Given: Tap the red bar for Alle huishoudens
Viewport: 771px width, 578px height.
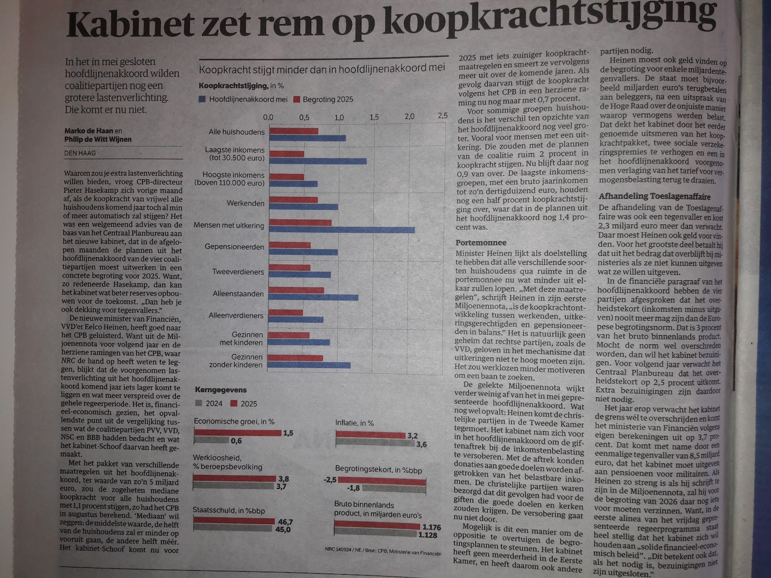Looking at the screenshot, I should click(x=293, y=131).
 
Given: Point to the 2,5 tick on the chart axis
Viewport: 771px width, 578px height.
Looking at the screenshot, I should click(x=442, y=116).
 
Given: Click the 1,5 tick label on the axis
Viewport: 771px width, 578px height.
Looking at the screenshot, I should click(x=374, y=117).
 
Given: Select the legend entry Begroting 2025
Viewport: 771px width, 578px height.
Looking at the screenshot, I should click(x=327, y=100).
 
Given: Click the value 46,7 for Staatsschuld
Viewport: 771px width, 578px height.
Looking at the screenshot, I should click(x=285, y=522).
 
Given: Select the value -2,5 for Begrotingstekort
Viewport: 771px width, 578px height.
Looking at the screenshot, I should click(x=330, y=480).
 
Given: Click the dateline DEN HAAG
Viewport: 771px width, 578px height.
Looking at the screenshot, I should click(x=80, y=153).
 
